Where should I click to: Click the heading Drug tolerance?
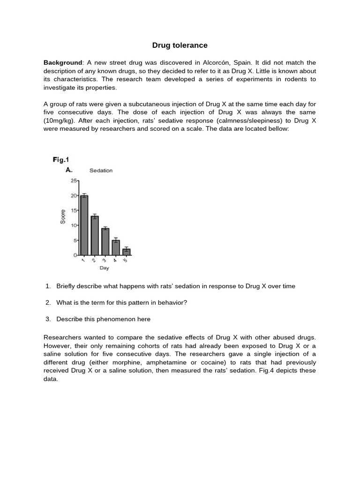point(180,45)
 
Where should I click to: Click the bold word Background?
point(63,63)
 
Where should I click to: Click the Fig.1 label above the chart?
point(61,160)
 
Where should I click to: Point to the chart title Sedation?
point(101,171)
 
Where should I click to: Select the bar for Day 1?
point(84,225)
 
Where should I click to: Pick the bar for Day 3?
point(105,241)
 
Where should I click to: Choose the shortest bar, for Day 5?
point(127,252)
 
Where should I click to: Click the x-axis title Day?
point(104,268)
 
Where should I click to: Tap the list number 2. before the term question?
point(48,302)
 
